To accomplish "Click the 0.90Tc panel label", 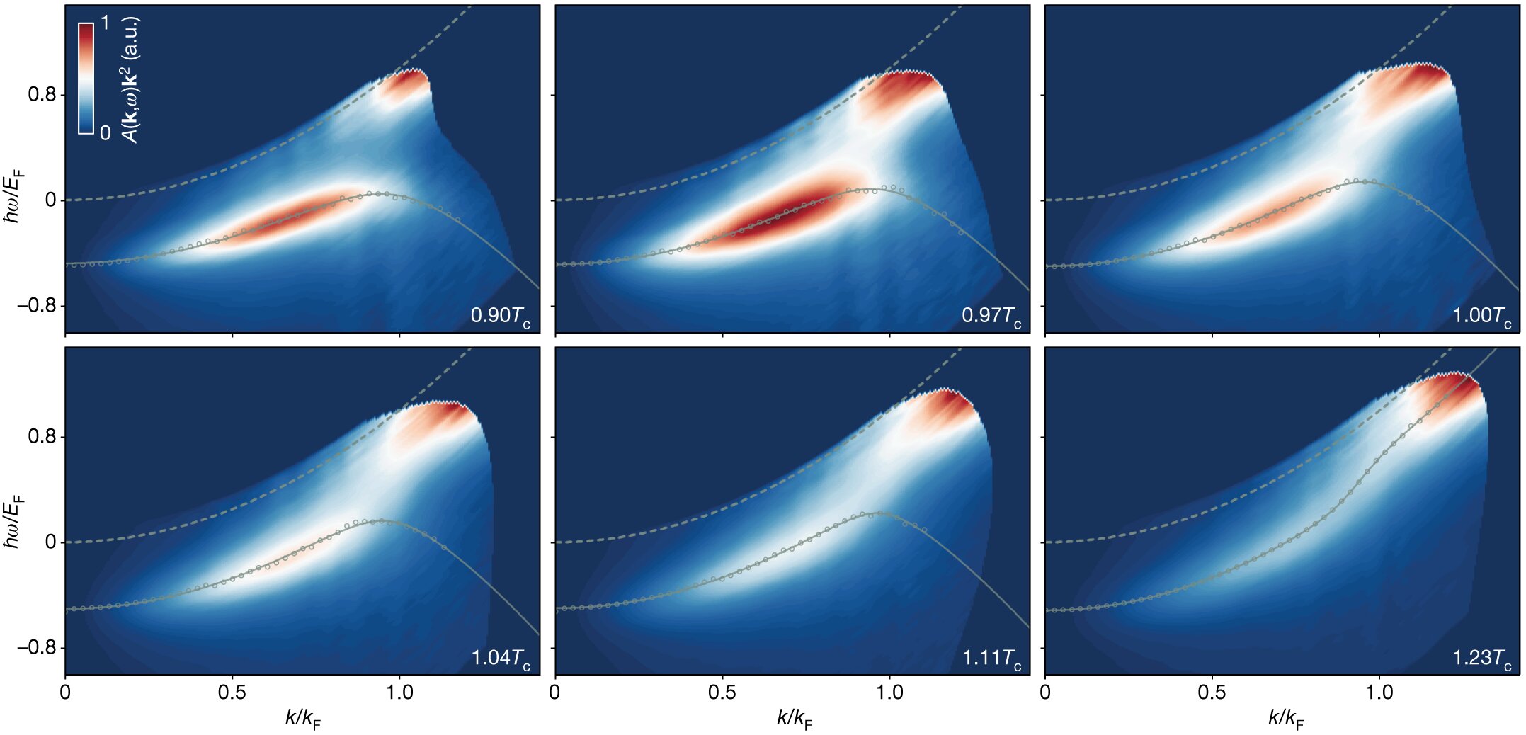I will point(501,316).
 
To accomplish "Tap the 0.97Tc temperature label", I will point(991,316).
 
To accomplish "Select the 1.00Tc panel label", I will point(1482,316).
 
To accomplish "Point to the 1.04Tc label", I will point(501,658).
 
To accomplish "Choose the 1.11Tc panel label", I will point(991,658).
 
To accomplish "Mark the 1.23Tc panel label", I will point(1482,658).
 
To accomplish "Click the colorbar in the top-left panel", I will point(86,78).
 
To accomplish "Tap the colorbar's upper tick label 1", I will point(105,23).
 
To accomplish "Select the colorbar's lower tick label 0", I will point(105,132).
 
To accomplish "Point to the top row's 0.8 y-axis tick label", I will point(41,95).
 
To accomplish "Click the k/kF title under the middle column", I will point(794,719).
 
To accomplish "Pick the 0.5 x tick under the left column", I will point(232,693).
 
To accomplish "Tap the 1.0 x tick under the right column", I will point(1379,693).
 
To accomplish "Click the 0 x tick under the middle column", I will point(555,693).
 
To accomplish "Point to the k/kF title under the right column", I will point(1285,719).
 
